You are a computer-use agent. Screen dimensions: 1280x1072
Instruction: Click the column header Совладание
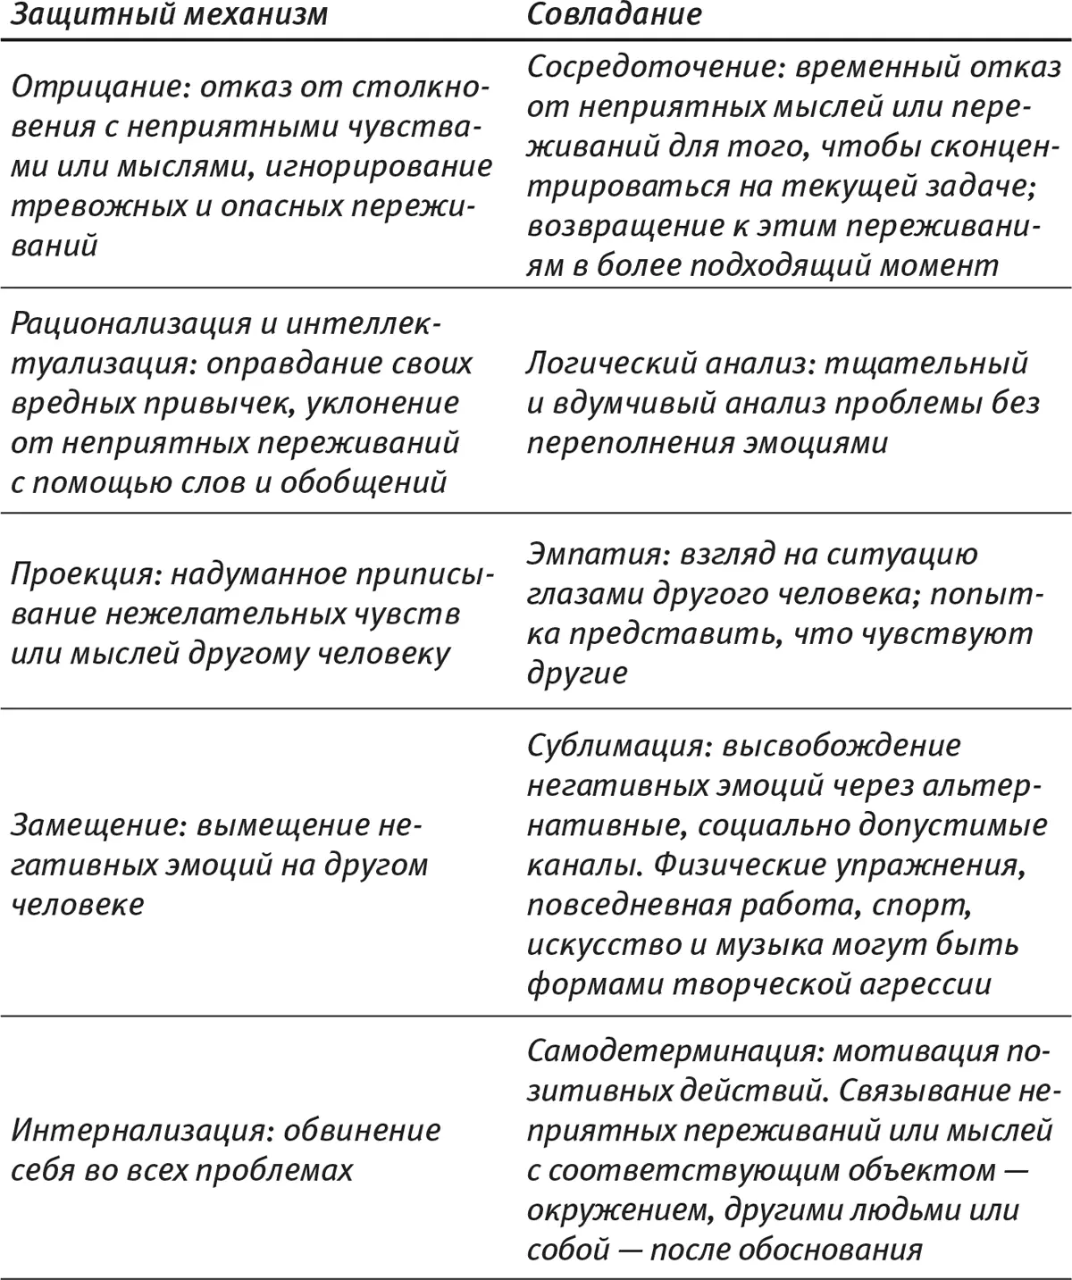(614, 15)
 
